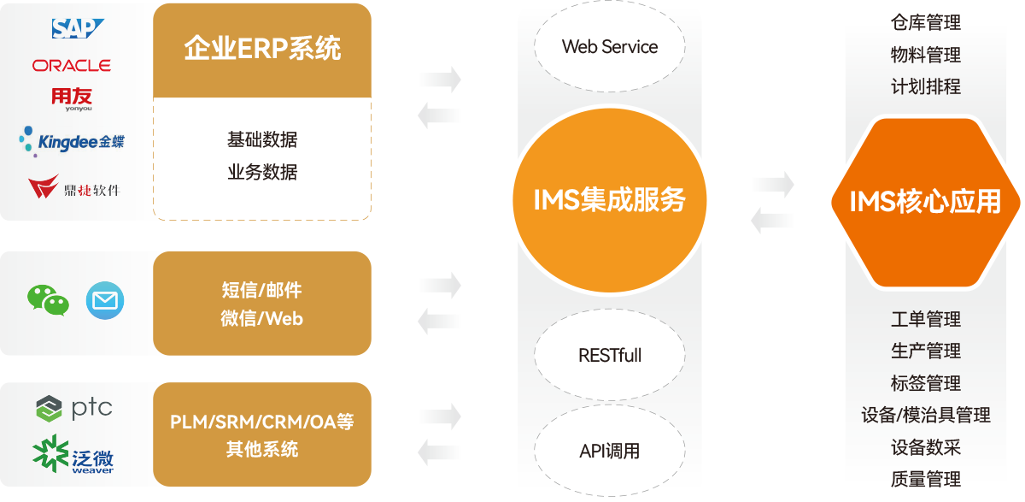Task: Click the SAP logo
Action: [x=78, y=30]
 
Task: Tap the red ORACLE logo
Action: [x=72, y=65]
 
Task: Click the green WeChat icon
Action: [x=48, y=300]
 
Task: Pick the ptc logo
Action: [x=74, y=409]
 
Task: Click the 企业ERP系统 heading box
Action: [x=262, y=49]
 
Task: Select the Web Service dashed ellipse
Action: [x=610, y=47]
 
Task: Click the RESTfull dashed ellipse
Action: [x=610, y=355]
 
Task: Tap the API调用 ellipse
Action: [x=610, y=451]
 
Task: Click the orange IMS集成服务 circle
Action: [x=610, y=200]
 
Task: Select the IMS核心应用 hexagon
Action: [x=925, y=202]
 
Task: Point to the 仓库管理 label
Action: [x=925, y=23]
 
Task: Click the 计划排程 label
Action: [x=925, y=87]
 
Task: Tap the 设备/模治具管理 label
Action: [x=925, y=415]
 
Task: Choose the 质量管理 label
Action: [x=925, y=479]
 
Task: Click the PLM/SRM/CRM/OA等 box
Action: [x=262, y=435]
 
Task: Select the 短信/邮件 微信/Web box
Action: [x=262, y=304]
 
